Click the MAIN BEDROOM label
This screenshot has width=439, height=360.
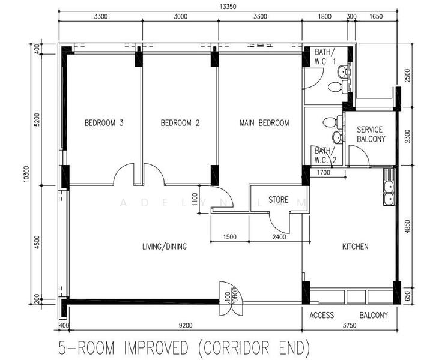[x=264, y=123]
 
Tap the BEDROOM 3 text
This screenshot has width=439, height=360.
[x=104, y=123]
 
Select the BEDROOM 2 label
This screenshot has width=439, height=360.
[x=180, y=123]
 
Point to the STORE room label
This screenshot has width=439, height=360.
[x=278, y=200]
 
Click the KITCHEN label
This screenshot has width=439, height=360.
[x=356, y=247]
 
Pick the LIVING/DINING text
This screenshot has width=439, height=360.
[x=164, y=247]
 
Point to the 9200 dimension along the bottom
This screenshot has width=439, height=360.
[x=185, y=326]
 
